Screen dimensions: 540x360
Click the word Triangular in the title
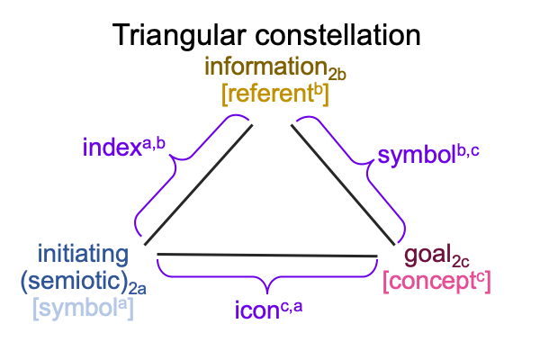click(x=179, y=36)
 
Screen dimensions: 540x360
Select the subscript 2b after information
click(x=337, y=75)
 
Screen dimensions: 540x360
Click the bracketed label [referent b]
click(x=275, y=94)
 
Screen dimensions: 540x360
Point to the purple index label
click(x=124, y=147)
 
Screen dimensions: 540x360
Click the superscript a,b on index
click(x=154, y=143)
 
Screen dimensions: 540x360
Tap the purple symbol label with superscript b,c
click(x=428, y=155)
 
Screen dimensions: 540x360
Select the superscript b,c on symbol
click(x=468, y=151)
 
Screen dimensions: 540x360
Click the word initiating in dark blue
click(x=83, y=254)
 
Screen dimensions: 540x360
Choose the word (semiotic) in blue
click(x=75, y=281)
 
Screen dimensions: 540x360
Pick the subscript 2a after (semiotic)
click(x=138, y=289)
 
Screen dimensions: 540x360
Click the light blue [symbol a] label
click(x=83, y=309)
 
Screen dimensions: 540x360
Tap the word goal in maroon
click(x=427, y=256)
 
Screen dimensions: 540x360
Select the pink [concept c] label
click(x=436, y=282)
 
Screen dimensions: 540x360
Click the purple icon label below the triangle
click(x=268, y=310)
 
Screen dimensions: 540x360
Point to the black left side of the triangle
click(x=199, y=184)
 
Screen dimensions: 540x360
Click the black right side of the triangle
click(x=343, y=184)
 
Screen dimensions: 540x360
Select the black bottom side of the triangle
click(x=267, y=256)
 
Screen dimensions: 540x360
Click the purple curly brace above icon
click(x=267, y=276)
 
